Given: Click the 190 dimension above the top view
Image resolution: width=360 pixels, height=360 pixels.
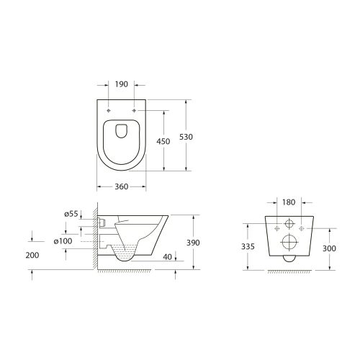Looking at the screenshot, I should click(121, 84).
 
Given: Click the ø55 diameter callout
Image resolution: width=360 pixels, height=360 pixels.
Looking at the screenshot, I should click(71, 215).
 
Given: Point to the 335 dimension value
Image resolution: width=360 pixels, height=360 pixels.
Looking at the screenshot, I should click(247, 246).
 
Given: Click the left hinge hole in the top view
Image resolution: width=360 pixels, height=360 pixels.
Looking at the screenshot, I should click(109, 110).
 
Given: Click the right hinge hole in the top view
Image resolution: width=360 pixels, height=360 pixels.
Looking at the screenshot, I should click(134, 110).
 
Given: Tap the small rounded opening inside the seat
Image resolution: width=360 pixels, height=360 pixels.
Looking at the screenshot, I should click(121, 131).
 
